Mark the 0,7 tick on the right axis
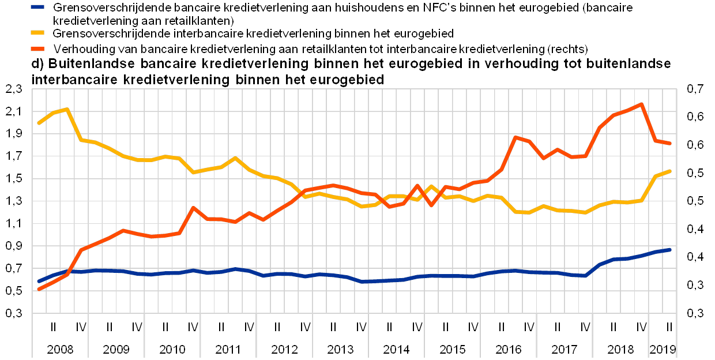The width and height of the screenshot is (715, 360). pyautogui.click(x=695, y=89)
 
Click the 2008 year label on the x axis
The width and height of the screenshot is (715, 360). pyautogui.click(x=59, y=350)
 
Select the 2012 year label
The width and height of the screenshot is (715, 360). pyautogui.click(x=284, y=350)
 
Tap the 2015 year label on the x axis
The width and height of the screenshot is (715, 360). pyautogui.click(x=453, y=350)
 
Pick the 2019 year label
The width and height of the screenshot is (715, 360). pyautogui.click(x=663, y=350)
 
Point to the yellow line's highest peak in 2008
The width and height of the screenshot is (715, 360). pyautogui.click(x=68, y=108)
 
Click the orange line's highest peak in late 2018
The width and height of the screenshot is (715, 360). pyautogui.click(x=641, y=104)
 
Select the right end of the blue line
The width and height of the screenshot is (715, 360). pyautogui.click(x=669, y=249)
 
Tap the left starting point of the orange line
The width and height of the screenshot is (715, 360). pyautogui.click(x=38, y=289)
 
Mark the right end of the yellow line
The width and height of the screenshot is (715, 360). pyautogui.click(x=669, y=171)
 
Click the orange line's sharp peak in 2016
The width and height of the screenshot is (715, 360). pyautogui.click(x=515, y=137)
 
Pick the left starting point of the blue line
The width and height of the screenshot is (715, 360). pyautogui.click(x=38, y=282)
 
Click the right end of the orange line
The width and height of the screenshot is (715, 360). pyautogui.click(x=669, y=143)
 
